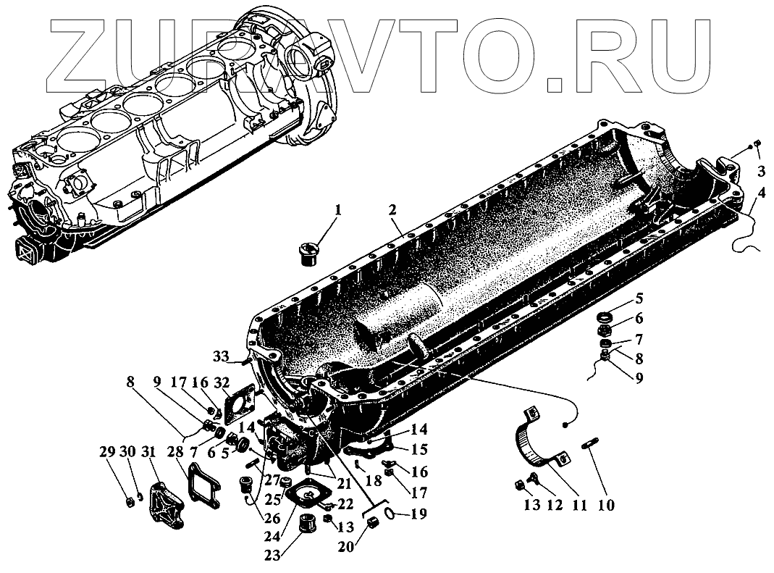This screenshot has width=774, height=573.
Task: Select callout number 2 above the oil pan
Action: (392, 211)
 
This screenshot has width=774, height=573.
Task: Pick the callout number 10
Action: (606, 504)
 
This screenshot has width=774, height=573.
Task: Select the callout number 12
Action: (555, 504)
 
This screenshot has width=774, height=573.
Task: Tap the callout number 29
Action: (107, 451)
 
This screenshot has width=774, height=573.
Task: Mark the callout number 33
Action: (221, 356)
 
